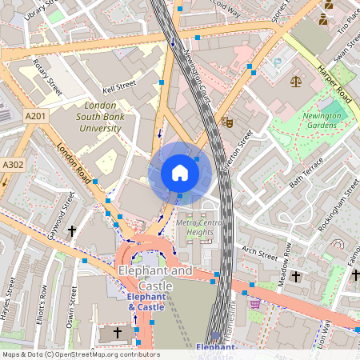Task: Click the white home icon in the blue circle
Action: tap(180, 173)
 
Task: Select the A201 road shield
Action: tap(34, 117)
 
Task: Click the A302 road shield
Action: tap(13, 165)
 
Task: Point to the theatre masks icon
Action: tap(226, 122)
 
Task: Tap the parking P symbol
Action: tap(278, 62)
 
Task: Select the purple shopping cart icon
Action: tap(255, 303)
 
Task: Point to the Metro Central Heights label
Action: tap(195, 226)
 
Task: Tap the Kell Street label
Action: tap(120, 85)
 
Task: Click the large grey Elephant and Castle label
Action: tap(155, 278)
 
